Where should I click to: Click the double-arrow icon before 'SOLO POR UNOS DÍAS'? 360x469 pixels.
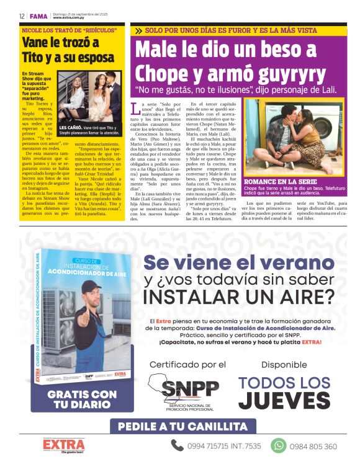point(137,30)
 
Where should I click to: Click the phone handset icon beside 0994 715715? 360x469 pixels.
point(178,445)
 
